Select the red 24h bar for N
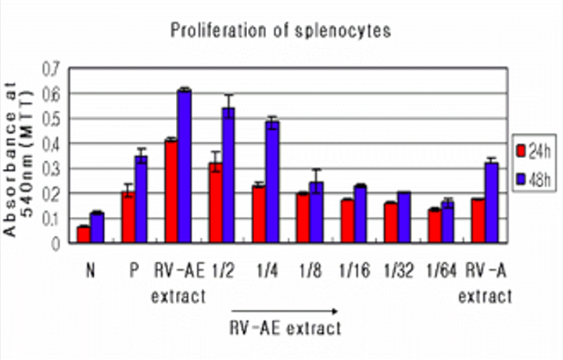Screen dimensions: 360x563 point(84,234)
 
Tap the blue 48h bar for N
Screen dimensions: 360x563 point(97,228)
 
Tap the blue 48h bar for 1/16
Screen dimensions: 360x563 point(360,214)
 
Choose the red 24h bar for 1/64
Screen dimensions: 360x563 point(434,226)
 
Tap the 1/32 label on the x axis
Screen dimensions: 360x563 point(396,270)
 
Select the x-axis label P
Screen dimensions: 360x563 point(134,270)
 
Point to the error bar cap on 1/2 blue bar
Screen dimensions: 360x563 point(228,95)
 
